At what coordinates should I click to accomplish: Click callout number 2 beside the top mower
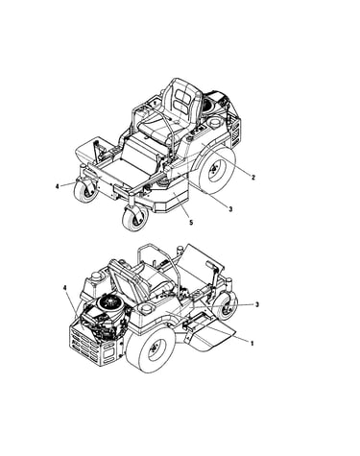(x=253, y=178)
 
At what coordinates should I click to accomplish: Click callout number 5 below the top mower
(x=191, y=222)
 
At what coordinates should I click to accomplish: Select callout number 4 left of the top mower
(x=58, y=186)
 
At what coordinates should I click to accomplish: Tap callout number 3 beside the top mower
(x=230, y=209)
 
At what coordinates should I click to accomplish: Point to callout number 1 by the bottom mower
(x=252, y=344)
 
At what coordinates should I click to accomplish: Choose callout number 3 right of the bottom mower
(x=256, y=304)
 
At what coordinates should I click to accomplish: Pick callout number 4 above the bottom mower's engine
(x=65, y=288)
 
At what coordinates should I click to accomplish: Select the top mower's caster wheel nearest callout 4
(x=85, y=191)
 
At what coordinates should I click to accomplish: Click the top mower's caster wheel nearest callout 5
(x=135, y=218)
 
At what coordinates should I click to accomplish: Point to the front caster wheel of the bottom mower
(x=226, y=305)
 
